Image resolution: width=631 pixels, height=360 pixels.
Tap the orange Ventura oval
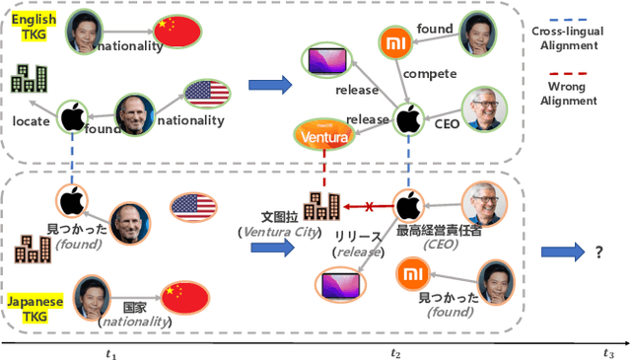tap(325, 136)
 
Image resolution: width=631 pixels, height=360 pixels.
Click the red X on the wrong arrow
tap(369, 206)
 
